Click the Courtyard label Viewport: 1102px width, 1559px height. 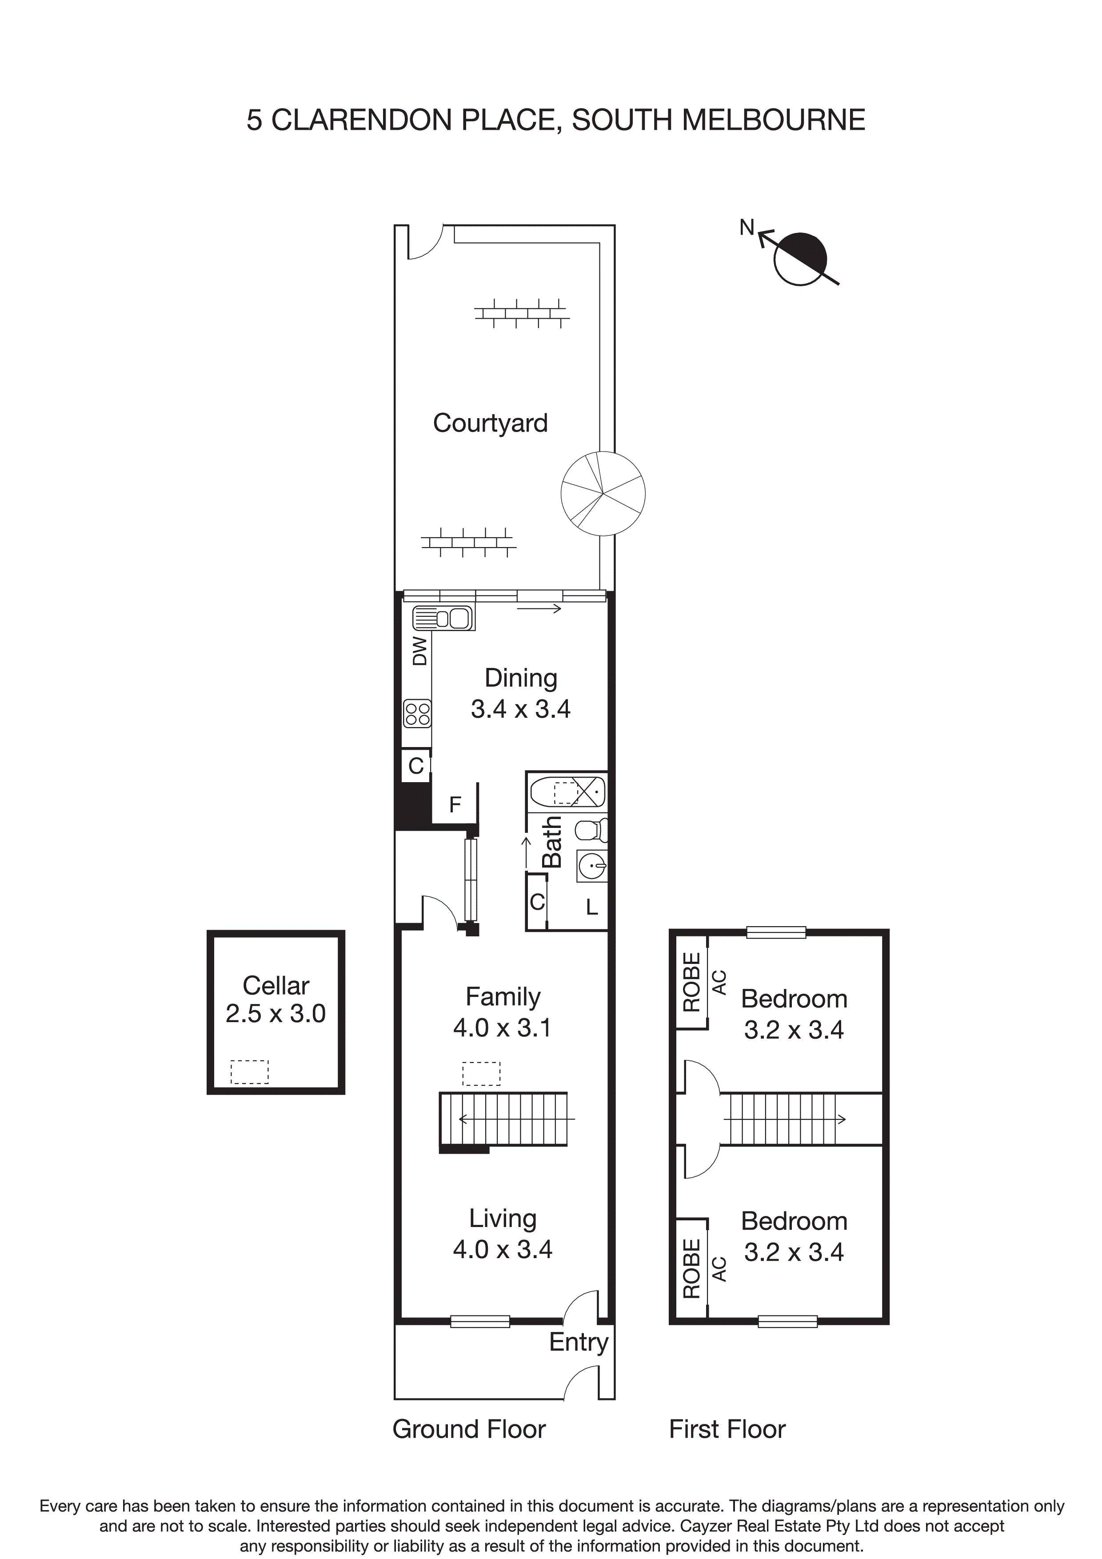(490, 423)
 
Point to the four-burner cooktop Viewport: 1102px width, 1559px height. (417, 713)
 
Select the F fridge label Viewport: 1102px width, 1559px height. (455, 805)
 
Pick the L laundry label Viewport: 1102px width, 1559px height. (591, 907)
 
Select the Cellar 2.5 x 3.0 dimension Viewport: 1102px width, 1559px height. (275, 1014)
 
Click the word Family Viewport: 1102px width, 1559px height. (503, 996)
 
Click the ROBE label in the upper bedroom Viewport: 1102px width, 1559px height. (691, 982)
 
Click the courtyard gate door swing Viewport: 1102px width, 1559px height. (426, 242)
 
